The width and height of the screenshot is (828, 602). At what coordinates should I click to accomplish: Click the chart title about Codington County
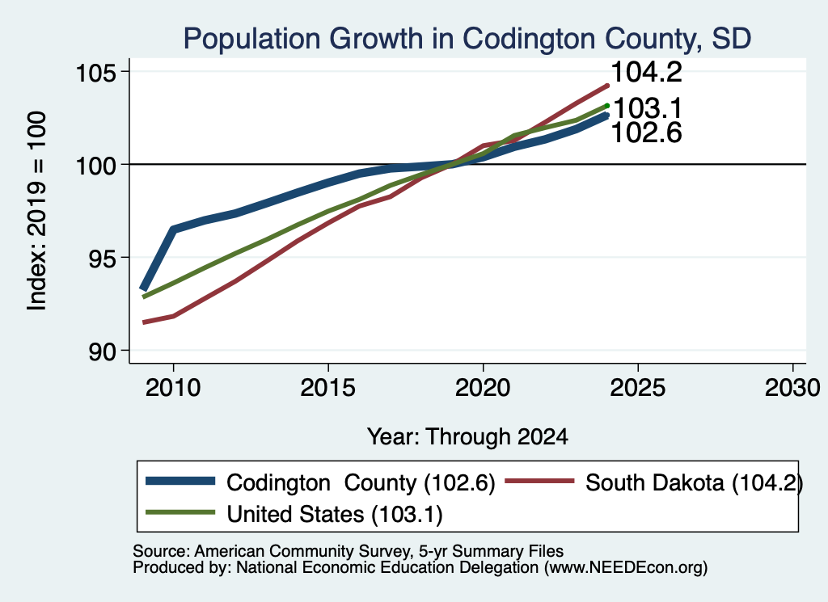(467, 39)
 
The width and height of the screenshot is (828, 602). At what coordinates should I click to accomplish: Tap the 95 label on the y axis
(102, 258)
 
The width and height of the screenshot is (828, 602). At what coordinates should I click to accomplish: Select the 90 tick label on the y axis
(102, 352)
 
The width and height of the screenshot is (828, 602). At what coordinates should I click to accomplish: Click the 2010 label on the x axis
(173, 389)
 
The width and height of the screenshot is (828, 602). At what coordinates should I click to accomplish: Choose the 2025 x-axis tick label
(638, 389)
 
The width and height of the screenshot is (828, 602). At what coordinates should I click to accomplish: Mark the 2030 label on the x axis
(792, 389)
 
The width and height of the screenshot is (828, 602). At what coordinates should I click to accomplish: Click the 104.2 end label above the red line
(646, 72)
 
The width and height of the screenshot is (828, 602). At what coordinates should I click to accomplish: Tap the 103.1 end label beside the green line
(648, 108)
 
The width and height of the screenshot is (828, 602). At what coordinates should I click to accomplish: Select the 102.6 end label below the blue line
(646, 133)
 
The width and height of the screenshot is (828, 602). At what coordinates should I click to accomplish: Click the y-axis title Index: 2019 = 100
(37, 211)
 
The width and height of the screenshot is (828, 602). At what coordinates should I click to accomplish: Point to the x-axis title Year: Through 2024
(467, 437)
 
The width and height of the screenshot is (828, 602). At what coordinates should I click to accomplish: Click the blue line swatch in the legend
(180, 481)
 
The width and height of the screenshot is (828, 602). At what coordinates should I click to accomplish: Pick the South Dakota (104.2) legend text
(694, 483)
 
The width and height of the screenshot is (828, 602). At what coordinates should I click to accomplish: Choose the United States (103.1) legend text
(335, 515)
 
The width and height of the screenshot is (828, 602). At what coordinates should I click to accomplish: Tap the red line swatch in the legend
(539, 481)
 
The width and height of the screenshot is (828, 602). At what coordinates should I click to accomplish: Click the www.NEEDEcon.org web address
(626, 568)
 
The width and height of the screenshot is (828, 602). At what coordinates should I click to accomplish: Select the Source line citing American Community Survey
(348, 551)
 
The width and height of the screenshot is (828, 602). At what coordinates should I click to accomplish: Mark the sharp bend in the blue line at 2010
(173, 229)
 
